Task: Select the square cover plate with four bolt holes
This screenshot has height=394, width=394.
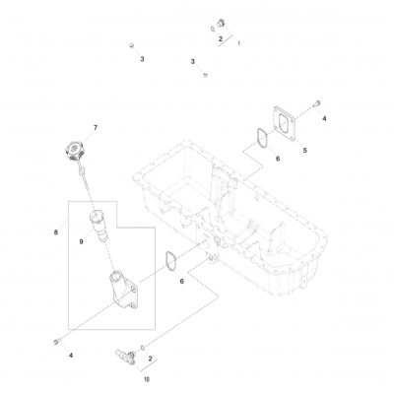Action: [285, 123]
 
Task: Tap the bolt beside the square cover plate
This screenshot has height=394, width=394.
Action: [317, 103]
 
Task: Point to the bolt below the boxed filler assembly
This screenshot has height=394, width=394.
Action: [55, 342]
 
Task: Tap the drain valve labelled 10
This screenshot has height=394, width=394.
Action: [125, 357]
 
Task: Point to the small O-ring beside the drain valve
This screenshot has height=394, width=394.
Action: [143, 348]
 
